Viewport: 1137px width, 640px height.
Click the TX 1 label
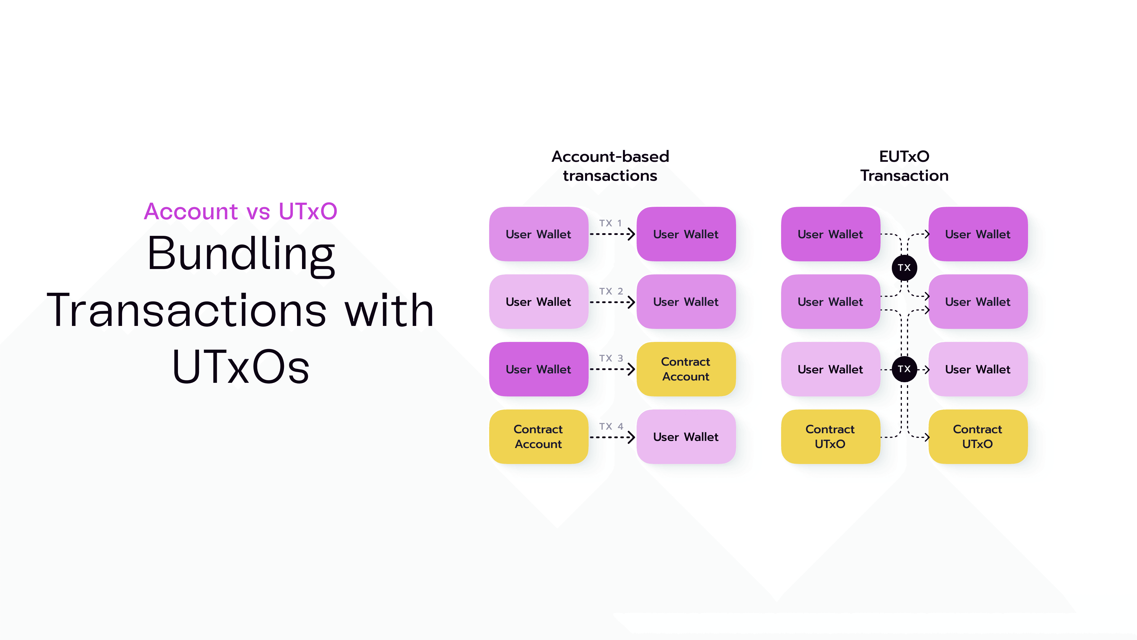coord(611,223)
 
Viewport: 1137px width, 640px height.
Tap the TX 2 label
coord(611,291)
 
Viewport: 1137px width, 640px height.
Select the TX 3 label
coord(611,358)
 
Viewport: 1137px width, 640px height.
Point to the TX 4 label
coord(611,426)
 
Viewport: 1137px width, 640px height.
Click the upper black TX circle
coord(904,268)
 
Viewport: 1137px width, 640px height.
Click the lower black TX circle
coord(904,369)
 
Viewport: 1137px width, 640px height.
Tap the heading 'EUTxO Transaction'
coord(904,166)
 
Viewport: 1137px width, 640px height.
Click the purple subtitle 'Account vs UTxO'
coord(240,211)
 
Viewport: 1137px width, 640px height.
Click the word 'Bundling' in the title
coord(241,255)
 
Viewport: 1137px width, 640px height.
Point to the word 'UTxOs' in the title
coord(241,367)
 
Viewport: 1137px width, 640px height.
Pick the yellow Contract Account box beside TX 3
coord(685,369)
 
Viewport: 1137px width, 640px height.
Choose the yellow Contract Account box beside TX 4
coord(538,436)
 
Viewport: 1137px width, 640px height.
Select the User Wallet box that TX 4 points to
coord(685,436)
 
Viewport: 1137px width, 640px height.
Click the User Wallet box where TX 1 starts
coord(538,234)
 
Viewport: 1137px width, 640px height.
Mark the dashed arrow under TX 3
coord(611,369)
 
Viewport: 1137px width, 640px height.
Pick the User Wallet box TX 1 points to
coord(685,234)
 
